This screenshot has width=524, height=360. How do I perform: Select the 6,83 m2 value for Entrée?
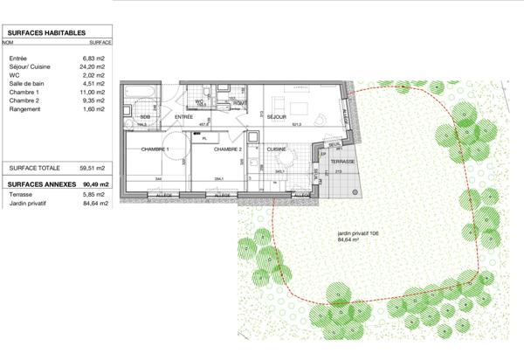[93, 59]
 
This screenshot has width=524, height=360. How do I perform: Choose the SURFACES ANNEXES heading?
[40, 185]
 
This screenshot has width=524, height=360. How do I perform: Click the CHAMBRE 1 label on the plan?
[155, 149]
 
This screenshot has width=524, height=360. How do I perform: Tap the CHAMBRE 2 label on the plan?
[228, 149]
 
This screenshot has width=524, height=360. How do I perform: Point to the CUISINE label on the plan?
[277, 149]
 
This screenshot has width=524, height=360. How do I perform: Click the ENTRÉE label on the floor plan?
[183, 116]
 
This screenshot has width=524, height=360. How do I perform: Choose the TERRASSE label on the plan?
[342, 163]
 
